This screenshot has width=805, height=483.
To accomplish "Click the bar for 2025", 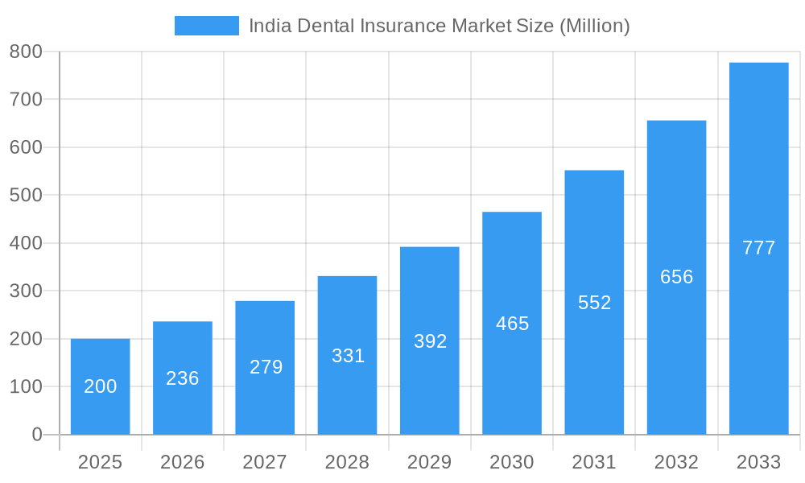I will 100,386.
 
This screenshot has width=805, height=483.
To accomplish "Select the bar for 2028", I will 347,355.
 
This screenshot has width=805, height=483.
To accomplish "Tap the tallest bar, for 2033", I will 758,248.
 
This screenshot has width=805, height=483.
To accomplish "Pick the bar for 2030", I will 512,323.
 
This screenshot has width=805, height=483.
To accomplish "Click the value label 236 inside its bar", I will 182,378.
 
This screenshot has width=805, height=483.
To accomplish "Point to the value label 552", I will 594,303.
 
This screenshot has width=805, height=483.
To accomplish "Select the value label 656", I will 676,277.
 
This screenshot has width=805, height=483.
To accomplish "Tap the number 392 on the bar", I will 430,341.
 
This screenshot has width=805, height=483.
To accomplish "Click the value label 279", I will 266,367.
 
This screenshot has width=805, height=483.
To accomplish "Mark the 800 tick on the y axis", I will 26,52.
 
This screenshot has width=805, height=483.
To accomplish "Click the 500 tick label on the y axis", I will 26,195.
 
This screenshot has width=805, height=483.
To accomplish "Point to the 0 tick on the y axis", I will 36,435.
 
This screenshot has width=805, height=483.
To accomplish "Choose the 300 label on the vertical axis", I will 26,291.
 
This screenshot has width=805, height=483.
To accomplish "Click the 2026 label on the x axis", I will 182,462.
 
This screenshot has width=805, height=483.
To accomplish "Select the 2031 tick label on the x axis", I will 594,462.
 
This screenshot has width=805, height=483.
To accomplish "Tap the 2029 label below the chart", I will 429,462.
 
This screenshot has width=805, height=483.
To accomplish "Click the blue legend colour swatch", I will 207,26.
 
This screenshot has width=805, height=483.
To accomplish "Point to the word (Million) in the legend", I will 594,26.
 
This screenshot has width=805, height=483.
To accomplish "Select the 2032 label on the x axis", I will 676,462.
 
